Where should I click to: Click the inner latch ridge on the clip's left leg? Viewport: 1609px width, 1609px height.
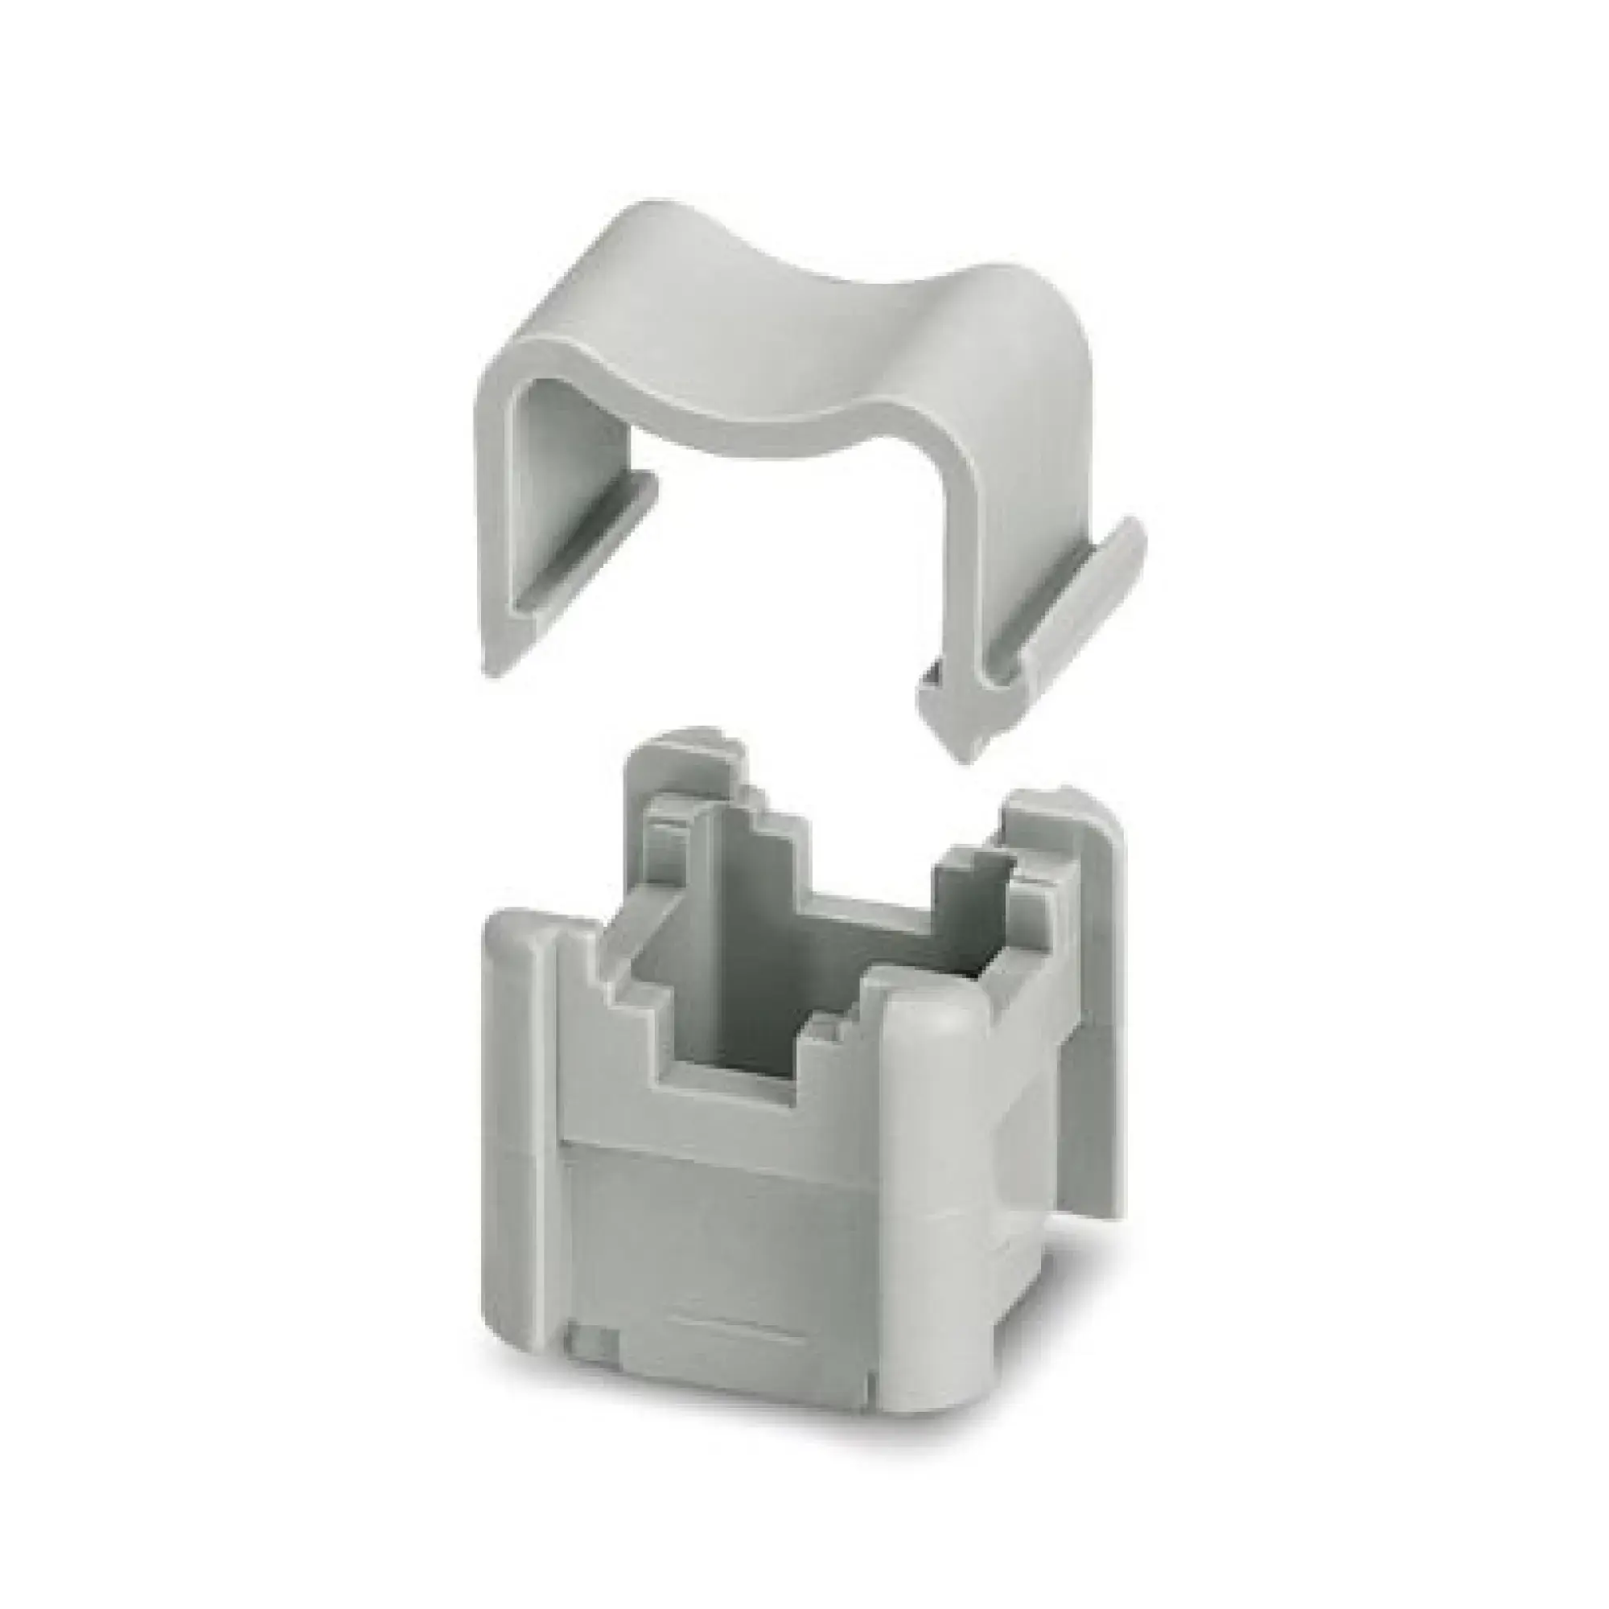[x=583, y=533]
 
